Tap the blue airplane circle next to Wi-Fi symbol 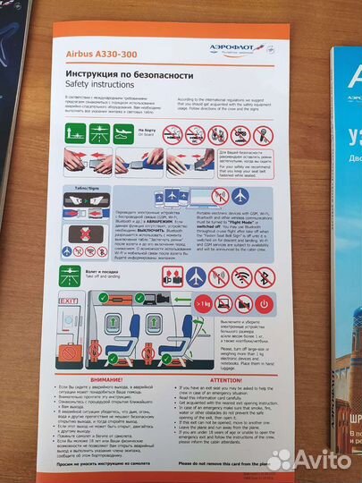click(x=195, y=276)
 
